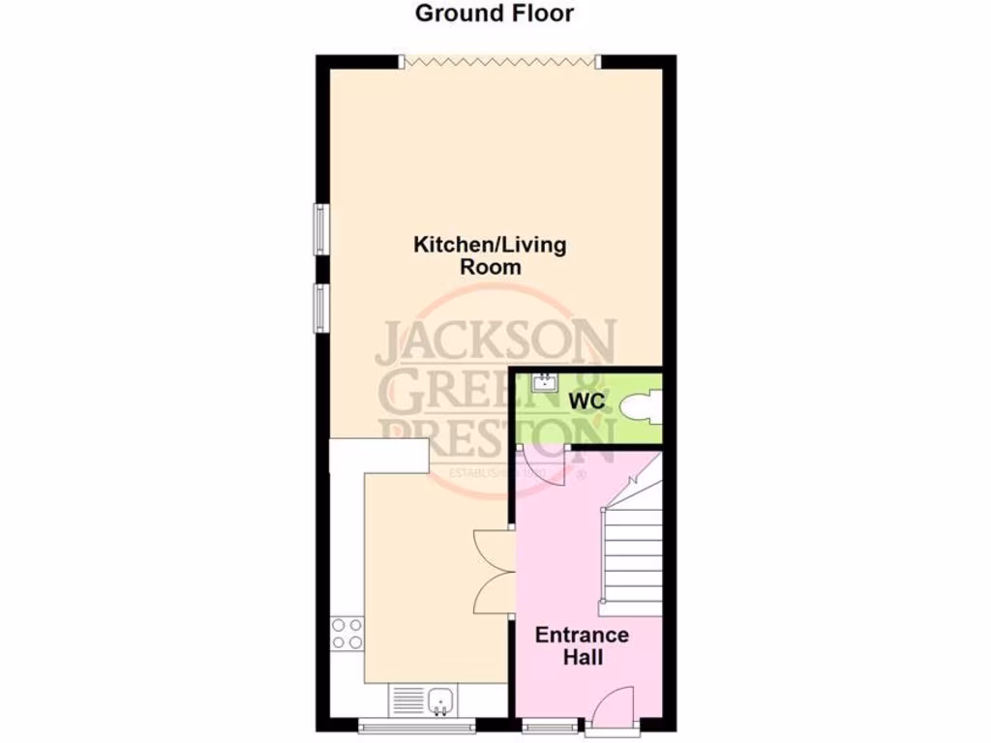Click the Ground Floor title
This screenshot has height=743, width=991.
point(495,14)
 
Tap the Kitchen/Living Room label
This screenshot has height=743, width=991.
point(490,255)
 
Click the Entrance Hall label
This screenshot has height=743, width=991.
point(582,646)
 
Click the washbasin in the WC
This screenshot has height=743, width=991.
point(545,383)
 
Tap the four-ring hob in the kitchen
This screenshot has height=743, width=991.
point(346,634)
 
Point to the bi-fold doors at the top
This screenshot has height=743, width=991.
point(499,62)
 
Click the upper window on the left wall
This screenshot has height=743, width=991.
point(318,230)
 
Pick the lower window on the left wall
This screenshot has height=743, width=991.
point(318,309)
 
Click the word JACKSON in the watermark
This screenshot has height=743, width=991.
point(495,342)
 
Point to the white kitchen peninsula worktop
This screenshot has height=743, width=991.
point(378,456)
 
